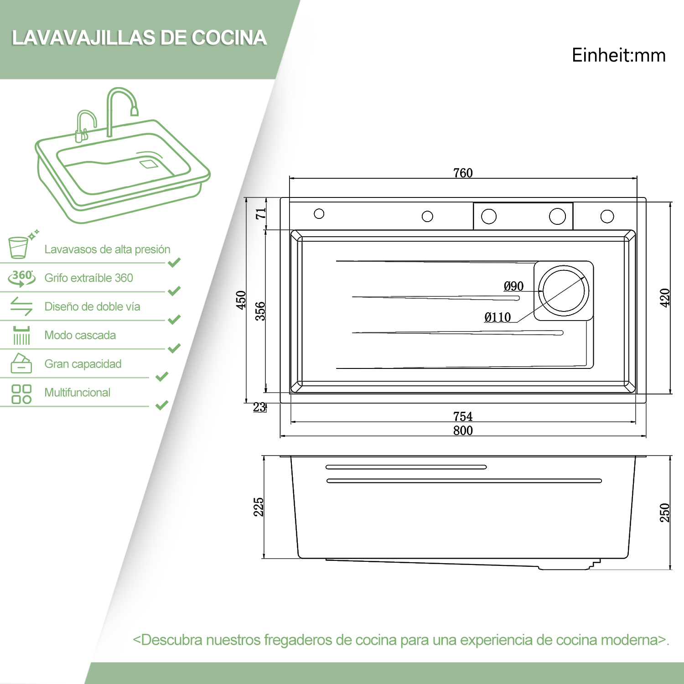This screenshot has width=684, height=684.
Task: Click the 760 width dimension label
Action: click(463, 173)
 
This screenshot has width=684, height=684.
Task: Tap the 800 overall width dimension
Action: click(463, 430)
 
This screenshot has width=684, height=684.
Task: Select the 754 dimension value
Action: click(463, 416)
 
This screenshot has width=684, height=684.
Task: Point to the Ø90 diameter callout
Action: click(513, 286)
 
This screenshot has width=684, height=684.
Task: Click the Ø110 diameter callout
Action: click(497, 317)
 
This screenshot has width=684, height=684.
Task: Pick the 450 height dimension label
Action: click(241, 300)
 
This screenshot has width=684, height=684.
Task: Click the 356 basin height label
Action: click(260, 311)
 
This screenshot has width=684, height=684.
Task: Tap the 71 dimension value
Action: click(261, 213)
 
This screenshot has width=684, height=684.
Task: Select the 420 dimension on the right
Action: click(665, 298)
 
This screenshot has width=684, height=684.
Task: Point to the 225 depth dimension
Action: click(259, 507)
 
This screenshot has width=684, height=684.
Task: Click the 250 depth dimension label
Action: click(665, 513)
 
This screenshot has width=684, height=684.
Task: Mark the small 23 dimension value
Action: click(259, 407)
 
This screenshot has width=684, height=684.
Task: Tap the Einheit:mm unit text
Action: click(619, 55)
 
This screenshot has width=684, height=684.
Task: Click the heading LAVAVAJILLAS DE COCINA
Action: click(139, 38)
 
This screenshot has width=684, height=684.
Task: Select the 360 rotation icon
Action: click(21, 278)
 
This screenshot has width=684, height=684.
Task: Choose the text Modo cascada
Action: click(80, 335)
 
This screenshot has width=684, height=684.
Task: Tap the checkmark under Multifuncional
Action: click(162, 405)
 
